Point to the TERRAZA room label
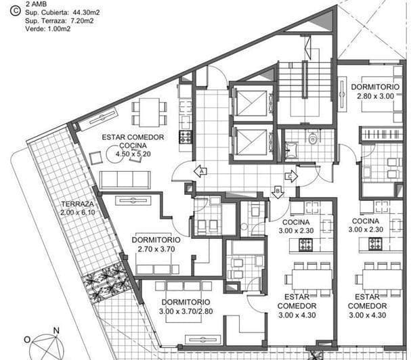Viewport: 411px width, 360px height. click(77, 204)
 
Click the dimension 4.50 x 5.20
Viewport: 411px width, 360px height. click(133, 154)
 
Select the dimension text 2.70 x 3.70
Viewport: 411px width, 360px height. click(156, 249)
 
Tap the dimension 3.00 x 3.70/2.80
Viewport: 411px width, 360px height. click(185, 311)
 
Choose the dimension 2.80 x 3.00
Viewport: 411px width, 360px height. click(375, 96)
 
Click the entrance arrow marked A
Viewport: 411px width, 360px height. click(200, 171)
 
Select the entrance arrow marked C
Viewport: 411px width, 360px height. click(290, 177)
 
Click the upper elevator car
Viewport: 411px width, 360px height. click(251, 103)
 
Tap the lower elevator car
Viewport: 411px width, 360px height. click(251, 141)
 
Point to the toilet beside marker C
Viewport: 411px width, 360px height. click(312, 139)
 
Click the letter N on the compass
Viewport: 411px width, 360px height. click(56, 331)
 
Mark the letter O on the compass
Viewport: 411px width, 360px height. click(27, 340)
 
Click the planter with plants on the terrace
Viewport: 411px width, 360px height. click(105, 283)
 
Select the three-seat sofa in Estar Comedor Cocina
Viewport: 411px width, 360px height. click(125, 179)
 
